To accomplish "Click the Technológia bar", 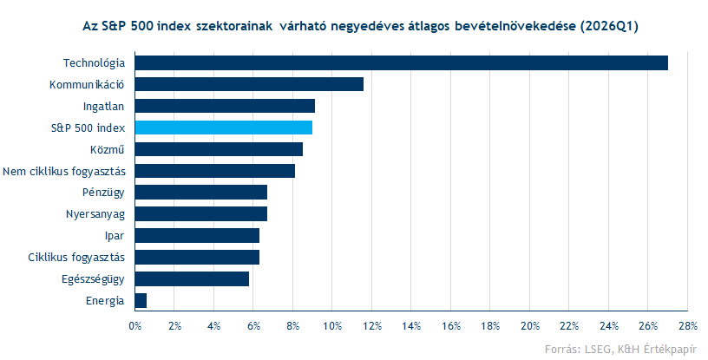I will coord(401,62).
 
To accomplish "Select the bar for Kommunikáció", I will coord(249,84).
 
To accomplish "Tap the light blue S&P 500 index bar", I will coord(224,128).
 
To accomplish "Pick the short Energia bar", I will coord(141,300).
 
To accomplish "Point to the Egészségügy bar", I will coord(192,278).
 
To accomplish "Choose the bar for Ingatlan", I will coord(225,106).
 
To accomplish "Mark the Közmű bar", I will coord(219,149).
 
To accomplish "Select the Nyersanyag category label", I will coord(96,214).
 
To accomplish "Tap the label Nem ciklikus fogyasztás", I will coord(66,171).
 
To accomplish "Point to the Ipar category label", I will coord(117,236).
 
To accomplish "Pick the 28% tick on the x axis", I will coord(688,325).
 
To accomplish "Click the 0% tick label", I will coord(135,325).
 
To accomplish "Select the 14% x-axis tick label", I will coord(411,325).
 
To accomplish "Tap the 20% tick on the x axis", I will coord(529,325).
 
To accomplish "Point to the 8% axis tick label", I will coord(293,325).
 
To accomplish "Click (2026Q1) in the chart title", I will coord(606,27).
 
